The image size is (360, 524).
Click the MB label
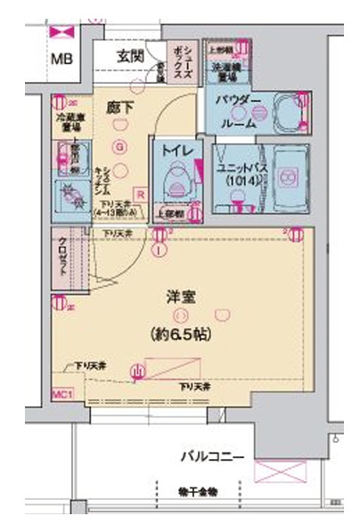(x=61, y=61)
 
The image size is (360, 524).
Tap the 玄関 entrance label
(x=131, y=56)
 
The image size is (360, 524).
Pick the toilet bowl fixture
(x=177, y=184)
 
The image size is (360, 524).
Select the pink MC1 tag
(x=61, y=392)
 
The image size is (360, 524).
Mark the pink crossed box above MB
(x=61, y=32)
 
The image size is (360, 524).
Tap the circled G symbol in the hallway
(x=119, y=145)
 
